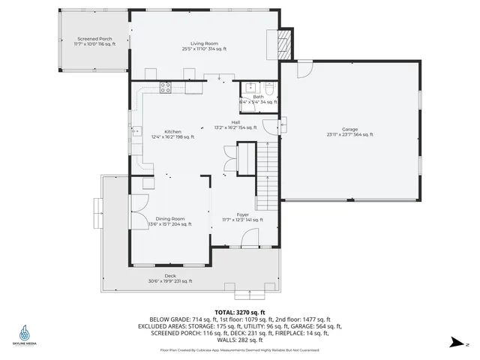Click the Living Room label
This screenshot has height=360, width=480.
pyautogui.click(x=193, y=46)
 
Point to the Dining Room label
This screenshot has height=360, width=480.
pyautogui.click(x=169, y=221)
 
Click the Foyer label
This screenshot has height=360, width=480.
pyautogui.click(x=242, y=217)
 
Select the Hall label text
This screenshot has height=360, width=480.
pyautogui.click(x=235, y=124)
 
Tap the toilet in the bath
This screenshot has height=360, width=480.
pyautogui.click(x=273, y=88)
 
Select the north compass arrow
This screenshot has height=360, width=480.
pyautogui.click(x=455, y=342)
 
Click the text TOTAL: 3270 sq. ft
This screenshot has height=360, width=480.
pyautogui.click(x=240, y=311)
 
